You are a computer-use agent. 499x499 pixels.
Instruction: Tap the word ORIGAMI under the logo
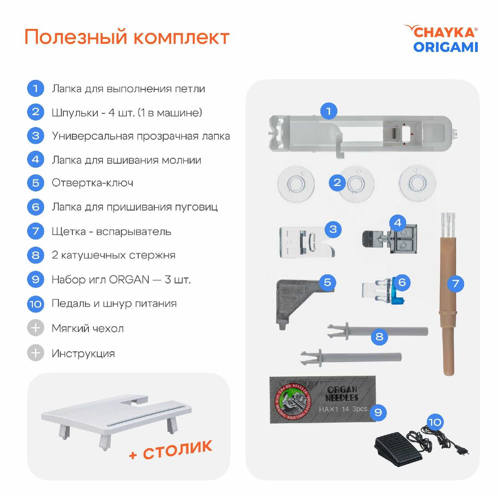[x=446, y=47]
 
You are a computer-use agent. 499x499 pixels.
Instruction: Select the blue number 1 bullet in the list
[x=36, y=88]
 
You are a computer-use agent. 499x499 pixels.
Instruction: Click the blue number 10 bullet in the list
[x=36, y=304]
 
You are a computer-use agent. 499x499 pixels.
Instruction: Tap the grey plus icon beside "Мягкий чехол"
[x=36, y=328]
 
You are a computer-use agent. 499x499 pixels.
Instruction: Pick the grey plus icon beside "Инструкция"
[x=36, y=353]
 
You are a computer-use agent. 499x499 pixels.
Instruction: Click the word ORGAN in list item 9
[x=129, y=279]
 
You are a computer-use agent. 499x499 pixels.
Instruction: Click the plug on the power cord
[x=462, y=451]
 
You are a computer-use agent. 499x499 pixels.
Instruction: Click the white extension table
[x=116, y=416]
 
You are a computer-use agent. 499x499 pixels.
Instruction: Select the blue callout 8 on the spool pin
[x=379, y=336]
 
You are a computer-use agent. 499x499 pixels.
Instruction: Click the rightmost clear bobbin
[x=417, y=183]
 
